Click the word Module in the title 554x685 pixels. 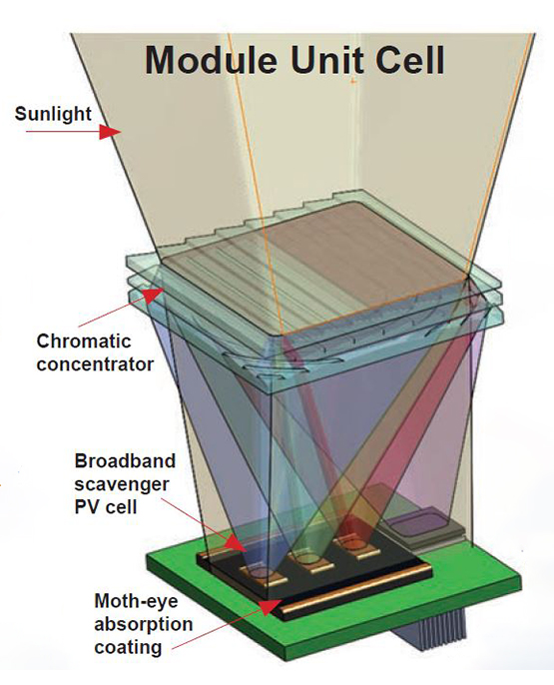tap(211, 60)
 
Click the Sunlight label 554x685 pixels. tap(53, 114)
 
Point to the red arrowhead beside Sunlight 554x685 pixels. tap(110, 131)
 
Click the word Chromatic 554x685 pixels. tap(84, 342)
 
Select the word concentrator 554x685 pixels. tap(95, 363)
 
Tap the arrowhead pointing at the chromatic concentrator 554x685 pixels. tap(153, 295)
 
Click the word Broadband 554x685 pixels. tap(125, 461)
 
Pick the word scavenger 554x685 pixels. tap(122, 485)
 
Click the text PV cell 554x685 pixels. tap(106, 507)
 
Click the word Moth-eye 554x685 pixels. tap(136, 601)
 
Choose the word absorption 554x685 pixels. tap(143, 624)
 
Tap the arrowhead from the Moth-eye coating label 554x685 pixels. tap(271, 606)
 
